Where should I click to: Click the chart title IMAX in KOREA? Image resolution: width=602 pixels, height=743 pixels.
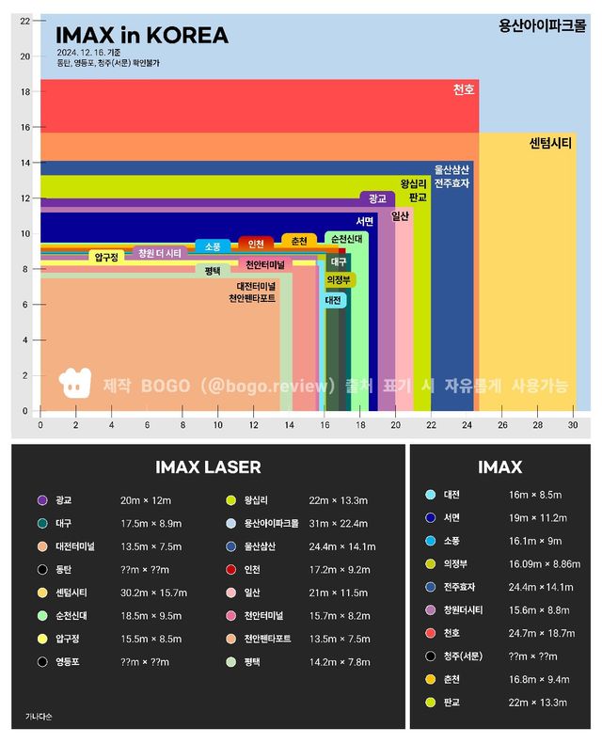[x=142, y=36]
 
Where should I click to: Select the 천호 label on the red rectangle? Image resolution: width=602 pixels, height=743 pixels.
[x=464, y=89]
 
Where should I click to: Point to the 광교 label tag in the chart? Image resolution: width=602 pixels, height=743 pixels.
[x=377, y=198]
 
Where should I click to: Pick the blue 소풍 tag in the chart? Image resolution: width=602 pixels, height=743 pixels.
[x=212, y=246]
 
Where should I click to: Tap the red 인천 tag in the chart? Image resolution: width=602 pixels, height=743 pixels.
[x=255, y=244]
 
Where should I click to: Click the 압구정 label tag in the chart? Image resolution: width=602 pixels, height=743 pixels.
[x=107, y=256]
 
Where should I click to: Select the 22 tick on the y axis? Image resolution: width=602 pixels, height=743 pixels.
[x=25, y=21]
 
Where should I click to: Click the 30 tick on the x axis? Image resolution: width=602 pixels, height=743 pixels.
[x=573, y=425]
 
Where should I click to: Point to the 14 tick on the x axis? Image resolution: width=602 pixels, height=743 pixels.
[x=289, y=425]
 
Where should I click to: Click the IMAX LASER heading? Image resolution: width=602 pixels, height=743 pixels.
[x=208, y=467]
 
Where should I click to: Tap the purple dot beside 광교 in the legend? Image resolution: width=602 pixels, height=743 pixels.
[x=41, y=499]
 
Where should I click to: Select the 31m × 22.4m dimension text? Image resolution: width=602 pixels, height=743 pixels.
[x=339, y=523]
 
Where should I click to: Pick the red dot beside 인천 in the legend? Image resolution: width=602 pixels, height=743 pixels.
[x=230, y=569]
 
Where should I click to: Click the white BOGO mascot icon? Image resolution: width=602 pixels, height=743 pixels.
[x=73, y=382]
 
